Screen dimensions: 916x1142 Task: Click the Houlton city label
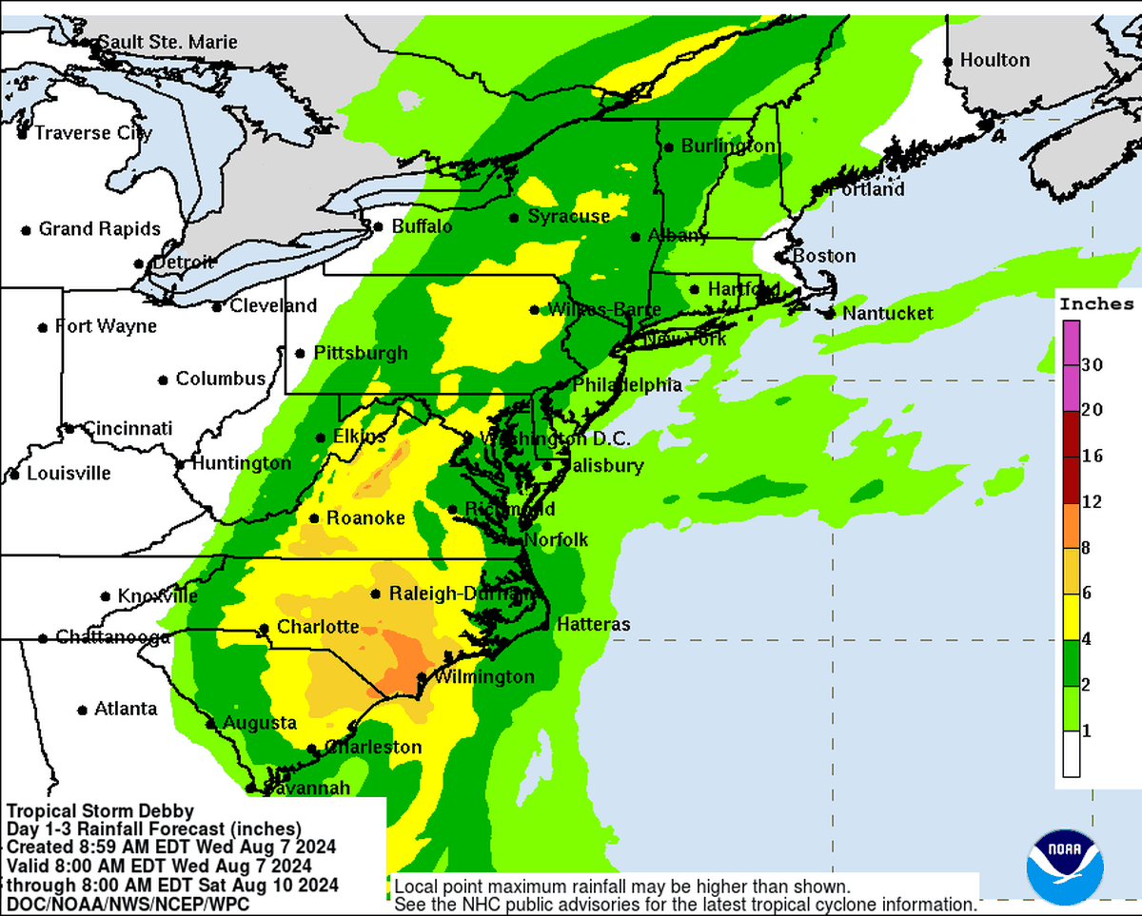click(x=994, y=60)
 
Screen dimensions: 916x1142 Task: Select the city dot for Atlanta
click(x=83, y=710)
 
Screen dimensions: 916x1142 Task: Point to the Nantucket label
click(x=888, y=313)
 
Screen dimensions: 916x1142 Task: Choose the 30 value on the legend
click(x=1092, y=365)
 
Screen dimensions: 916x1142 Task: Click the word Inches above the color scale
click(x=1096, y=304)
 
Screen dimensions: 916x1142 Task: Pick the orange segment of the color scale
click(x=1072, y=525)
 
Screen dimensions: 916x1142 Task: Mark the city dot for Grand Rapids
click(x=28, y=229)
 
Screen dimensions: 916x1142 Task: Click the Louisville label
click(x=69, y=474)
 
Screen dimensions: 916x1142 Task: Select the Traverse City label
click(x=93, y=133)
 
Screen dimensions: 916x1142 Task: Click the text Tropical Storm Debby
click(x=100, y=811)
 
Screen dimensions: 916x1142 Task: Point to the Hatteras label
click(x=593, y=625)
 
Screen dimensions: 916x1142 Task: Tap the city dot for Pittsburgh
click(x=301, y=353)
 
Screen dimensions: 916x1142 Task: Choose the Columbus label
click(x=221, y=379)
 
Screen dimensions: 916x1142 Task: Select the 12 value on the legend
click(x=1092, y=502)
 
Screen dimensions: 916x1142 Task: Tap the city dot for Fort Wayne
click(x=43, y=327)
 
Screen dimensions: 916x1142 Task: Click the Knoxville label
click(x=158, y=596)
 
